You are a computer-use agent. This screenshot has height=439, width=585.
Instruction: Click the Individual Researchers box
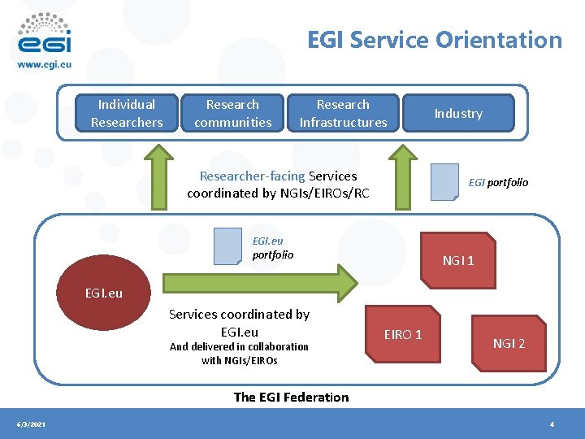(x=126, y=113)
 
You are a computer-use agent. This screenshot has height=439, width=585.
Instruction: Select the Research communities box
(x=232, y=113)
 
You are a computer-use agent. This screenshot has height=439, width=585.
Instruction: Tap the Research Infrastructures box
(x=343, y=113)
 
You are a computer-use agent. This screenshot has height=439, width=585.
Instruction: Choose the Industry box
(x=458, y=113)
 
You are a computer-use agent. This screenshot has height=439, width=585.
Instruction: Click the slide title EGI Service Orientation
(x=434, y=40)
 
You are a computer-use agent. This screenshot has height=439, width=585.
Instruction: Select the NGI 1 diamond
(x=459, y=260)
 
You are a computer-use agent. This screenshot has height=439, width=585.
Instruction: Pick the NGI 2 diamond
(x=509, y=343)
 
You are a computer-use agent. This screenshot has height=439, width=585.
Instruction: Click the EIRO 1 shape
(x=403, y=334)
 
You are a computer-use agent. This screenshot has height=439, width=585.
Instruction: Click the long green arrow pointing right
(x=260, y=282)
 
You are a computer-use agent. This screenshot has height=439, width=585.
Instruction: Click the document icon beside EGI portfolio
(x=444, y=182)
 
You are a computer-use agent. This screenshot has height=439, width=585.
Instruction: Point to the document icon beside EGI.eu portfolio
(x=227, y=246)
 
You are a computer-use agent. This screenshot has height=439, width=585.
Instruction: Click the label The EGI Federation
(x=291, y=397)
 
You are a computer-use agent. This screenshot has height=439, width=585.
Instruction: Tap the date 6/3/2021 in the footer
(x=32, y=424)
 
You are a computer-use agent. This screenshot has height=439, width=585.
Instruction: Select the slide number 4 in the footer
(x=552, y=424)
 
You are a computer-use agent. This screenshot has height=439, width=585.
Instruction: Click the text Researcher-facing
(x=253, y=176)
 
